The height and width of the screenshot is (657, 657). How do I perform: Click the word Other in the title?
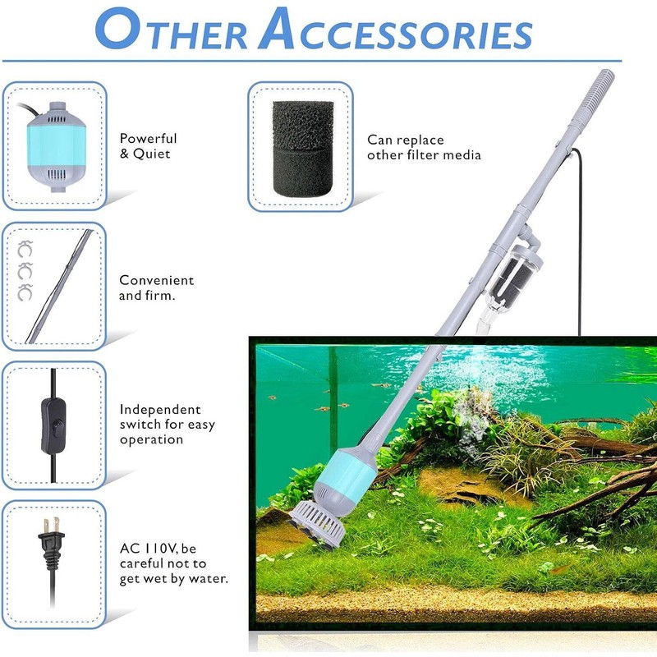click(x=172, y=33)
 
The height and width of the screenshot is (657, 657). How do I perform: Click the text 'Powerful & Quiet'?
click(x=149, y=146)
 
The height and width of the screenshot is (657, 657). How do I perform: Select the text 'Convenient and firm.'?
click(x=157, y=287)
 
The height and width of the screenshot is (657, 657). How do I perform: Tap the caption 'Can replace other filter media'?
click(x=424, y=148)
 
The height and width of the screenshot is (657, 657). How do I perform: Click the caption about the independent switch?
click(x=160, y=424)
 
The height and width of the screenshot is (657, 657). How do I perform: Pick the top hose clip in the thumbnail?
click(x=25, y=245)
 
